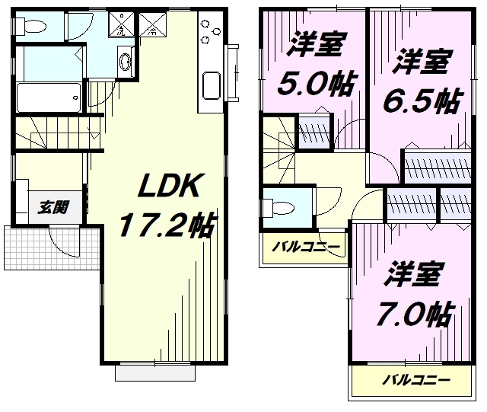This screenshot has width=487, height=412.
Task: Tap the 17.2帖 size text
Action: coord(167,225)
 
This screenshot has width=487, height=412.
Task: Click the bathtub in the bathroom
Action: coord(47,96)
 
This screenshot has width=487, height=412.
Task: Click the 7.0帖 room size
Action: coord(413,312)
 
